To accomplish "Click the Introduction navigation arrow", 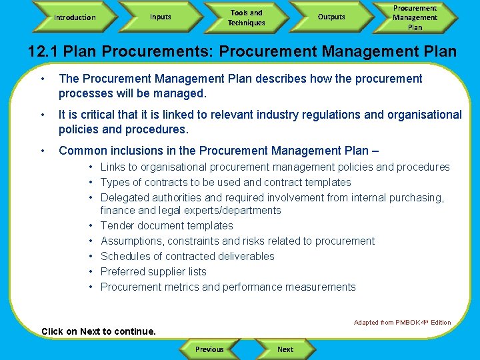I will coord(75,17).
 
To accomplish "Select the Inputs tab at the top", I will coord(160,17).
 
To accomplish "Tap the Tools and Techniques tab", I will coord(246,17).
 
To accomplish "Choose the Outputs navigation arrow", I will coord(331,17).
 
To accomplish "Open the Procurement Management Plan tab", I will coord(415,17).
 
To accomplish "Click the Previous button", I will coord(209,349).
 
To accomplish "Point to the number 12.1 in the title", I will coord(43,51).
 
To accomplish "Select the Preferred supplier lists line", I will coord(153,271).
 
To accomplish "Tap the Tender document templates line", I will coord(167,225).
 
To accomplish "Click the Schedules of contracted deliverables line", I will coord(187,256).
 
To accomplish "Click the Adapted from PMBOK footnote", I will coord(402,323).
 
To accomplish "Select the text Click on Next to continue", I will coord(98,331).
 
